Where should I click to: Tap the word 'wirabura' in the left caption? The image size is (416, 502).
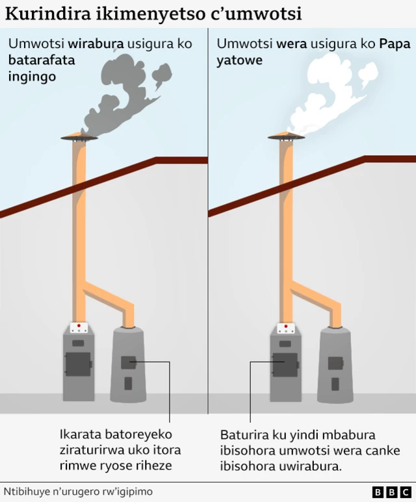click(96, 44)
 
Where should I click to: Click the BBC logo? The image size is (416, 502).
click(392, 492)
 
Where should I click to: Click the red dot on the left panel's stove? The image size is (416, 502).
click(79, 325)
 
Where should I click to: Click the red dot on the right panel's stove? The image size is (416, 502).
click(286, 326)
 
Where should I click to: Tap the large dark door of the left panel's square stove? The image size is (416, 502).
click(78, 364)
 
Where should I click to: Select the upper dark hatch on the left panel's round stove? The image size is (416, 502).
click(129, 362)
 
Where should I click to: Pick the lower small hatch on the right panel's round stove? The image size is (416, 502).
click(335, 384)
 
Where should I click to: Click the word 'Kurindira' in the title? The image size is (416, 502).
click(48, 14)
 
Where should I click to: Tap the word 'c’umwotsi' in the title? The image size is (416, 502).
click(255, 14)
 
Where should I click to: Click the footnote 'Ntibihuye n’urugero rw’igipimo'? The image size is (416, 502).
click(78, 492)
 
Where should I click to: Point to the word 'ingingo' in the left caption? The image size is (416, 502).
click(32, 77)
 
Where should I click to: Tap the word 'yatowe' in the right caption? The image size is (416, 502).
click(239, 60)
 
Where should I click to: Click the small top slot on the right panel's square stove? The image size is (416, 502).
click(285, 344)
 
